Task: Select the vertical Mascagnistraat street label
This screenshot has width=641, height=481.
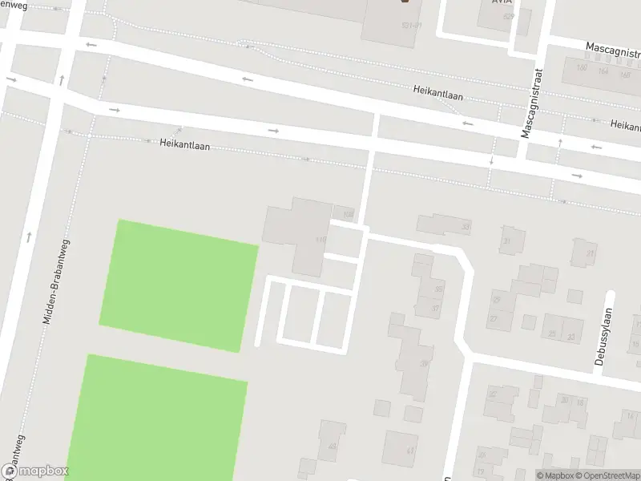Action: point(530,103)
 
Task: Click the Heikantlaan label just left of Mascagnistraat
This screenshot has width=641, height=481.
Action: point(438,93)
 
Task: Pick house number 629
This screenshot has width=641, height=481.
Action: point(508,16)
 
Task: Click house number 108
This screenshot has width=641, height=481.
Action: point(347,214)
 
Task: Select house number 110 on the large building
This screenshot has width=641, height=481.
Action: point(321,240)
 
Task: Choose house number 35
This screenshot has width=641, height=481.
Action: point(437,289)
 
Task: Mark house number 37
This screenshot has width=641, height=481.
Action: point(435,309)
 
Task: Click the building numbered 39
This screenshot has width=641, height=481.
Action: point(424,363)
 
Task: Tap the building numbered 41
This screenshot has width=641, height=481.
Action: point(410,451)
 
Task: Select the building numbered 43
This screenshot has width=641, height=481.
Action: point(332,447)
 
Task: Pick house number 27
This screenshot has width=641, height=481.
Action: point(494,318)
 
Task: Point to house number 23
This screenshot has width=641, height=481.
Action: point(571,336)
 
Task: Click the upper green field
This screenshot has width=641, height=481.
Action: point(178,285)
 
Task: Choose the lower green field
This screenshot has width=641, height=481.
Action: point(156,417)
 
